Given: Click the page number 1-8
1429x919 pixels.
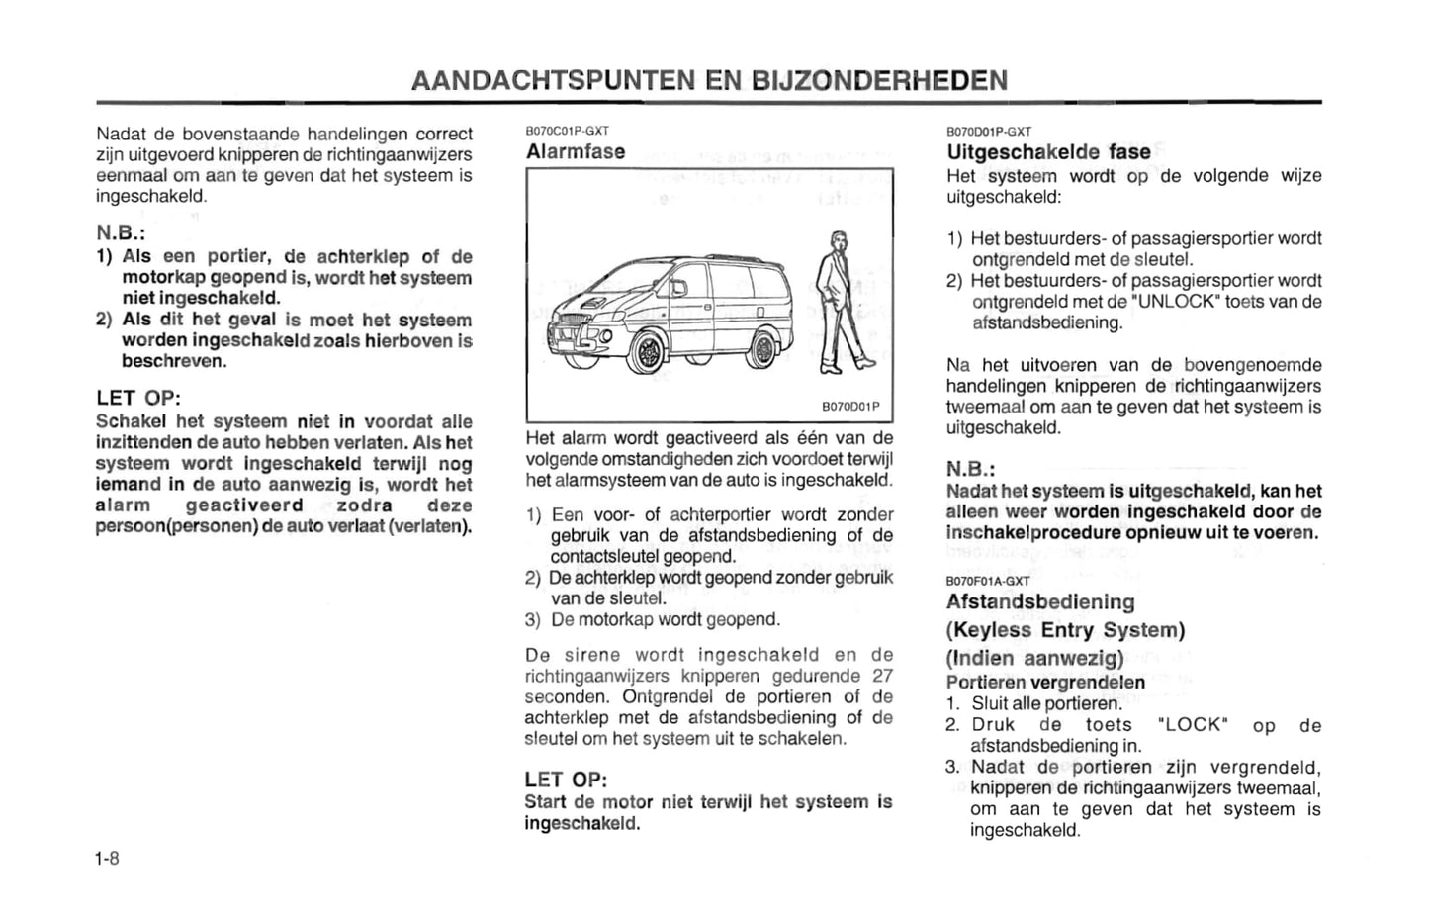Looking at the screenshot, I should (x=107, y=858).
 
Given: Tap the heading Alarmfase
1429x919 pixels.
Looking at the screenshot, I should (x=576, y=151).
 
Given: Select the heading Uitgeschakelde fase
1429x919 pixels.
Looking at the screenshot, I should (x=1048, y=152).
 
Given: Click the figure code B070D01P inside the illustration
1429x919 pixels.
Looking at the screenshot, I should (x=850, y=407).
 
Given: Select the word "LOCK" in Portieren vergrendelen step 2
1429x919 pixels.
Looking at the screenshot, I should (x=1192, y=725).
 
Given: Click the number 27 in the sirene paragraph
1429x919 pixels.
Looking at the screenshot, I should (x=882, y=676).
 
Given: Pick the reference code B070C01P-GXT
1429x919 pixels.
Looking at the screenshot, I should (x=567, y=131).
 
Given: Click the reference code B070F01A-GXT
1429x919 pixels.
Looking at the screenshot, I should (x=987, y=581).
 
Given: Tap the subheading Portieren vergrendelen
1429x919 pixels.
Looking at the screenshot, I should (x=1045, y=683).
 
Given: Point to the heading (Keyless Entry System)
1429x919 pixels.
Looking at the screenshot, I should (x=1065, y=630).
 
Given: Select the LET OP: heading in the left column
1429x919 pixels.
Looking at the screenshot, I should (x=138, y=398).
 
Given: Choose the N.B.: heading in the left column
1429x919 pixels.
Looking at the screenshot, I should (x=121, y=233).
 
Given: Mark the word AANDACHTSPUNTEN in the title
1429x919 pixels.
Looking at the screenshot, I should (x=553, y=80).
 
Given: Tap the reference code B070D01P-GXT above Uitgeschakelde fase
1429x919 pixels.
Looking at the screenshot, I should (x=988, y=131).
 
